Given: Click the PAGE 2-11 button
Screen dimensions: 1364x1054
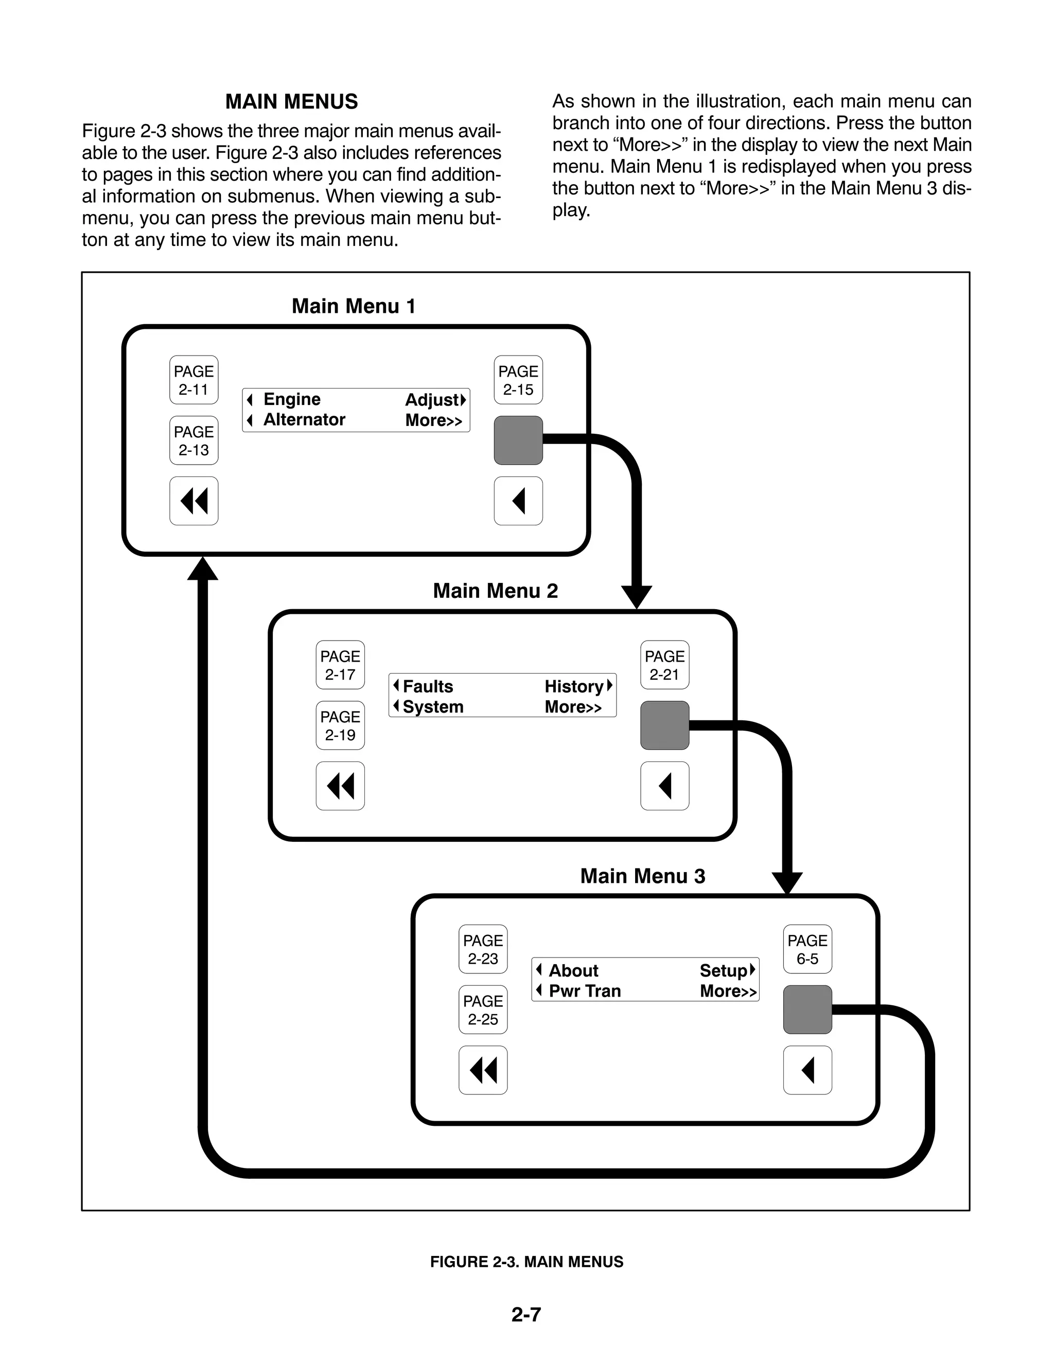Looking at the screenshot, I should [x=194, y=380].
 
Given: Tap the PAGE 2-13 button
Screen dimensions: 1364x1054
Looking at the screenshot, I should [x=194, y=440].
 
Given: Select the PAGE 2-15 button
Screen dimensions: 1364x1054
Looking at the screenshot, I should [x=518, y=380].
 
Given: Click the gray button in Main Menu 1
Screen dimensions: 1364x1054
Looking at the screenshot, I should [x=518, y=440].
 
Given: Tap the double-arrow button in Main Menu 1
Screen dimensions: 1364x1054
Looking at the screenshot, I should [x=194, y=501].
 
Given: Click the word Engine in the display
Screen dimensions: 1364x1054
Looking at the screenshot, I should [x=292, y=399].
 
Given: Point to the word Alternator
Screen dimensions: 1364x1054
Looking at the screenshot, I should [x=304, y=420].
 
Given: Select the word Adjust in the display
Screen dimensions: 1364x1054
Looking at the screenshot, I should [x=432, y=400].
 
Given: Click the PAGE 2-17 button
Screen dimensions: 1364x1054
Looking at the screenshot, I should [x=340, y=665].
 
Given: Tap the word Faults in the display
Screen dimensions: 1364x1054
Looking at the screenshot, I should [x=428, y=686].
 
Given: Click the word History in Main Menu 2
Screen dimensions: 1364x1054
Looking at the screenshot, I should [x=573, y=686].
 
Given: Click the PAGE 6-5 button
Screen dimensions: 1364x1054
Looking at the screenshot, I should [x=807, y=949].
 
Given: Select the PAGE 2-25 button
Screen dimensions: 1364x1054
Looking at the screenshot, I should [x=483, y=1010].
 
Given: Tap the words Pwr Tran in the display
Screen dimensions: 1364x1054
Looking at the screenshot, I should [x=585, y=991].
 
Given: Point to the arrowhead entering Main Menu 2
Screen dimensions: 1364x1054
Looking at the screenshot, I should [x=637, y=596].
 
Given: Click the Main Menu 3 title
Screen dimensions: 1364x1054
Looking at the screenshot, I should [x=642, y=876].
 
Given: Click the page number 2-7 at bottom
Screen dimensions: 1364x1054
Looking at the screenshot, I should [x=526, y=1315].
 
